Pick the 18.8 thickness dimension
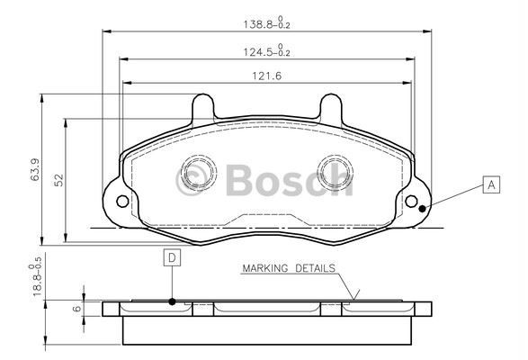pos(35,276)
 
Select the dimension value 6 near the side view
pos(77,308)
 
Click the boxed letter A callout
pos(490,186)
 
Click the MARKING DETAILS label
pos(288,268)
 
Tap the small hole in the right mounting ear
pos(413,201)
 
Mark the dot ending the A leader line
pos(423,208)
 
